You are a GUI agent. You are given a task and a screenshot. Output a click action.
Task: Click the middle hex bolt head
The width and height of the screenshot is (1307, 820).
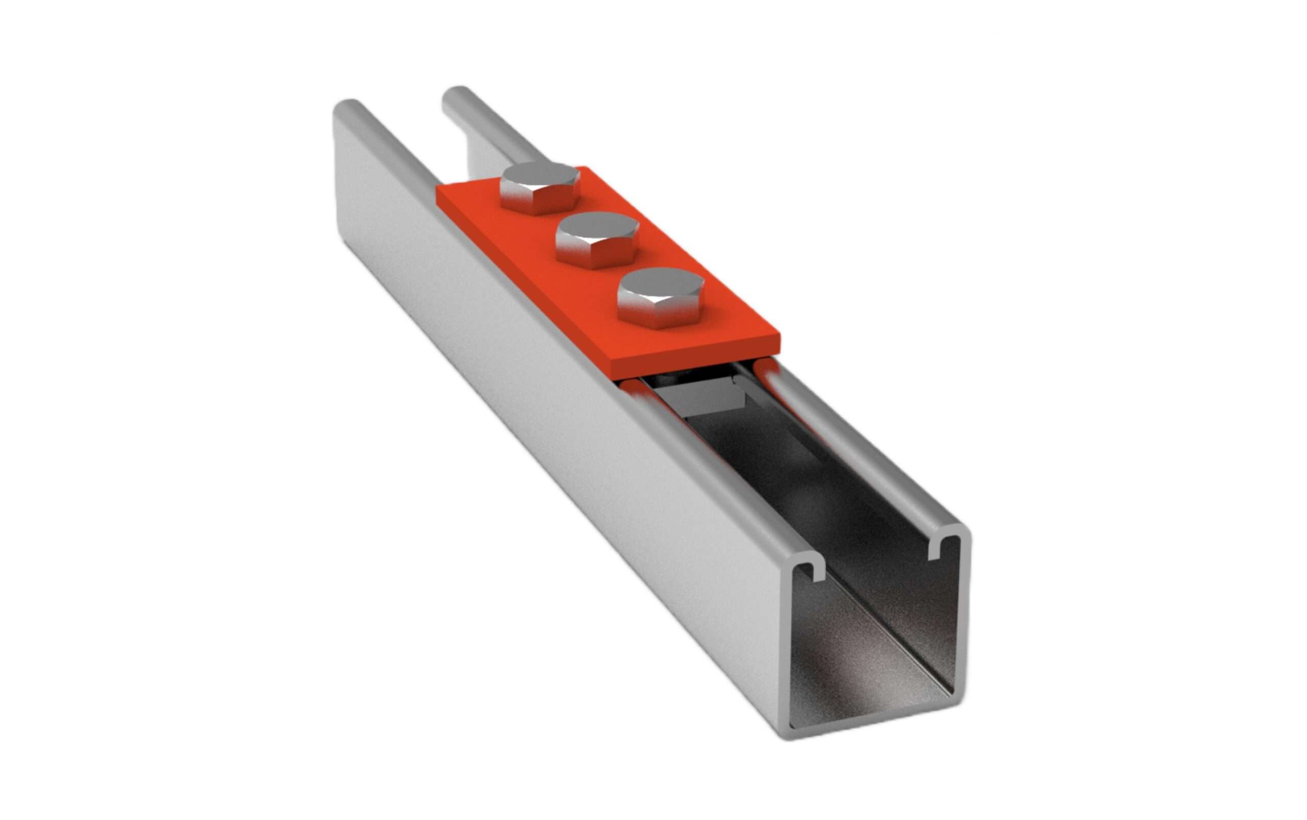(597, 232)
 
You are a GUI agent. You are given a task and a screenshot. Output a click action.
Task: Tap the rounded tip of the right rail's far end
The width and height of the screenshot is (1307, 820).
(459, 93)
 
